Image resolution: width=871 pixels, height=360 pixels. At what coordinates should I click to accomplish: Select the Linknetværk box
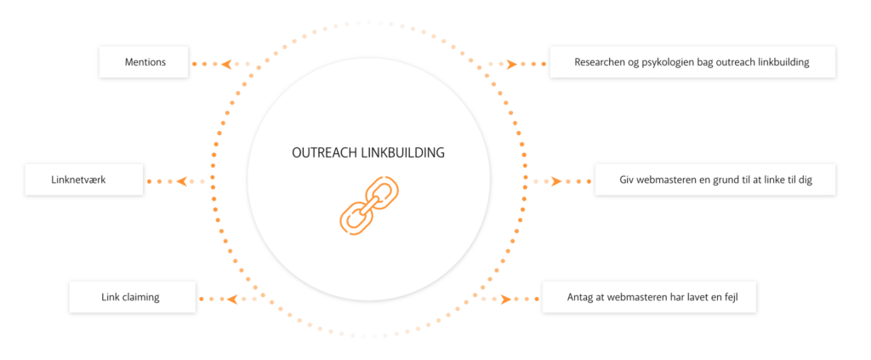[83, 180]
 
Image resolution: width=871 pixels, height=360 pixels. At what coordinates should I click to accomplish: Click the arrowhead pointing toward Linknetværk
[181, 181]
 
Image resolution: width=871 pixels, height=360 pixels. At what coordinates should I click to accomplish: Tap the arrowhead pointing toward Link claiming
[232, 299]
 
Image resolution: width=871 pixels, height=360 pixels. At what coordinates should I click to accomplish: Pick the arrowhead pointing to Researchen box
[512, 64]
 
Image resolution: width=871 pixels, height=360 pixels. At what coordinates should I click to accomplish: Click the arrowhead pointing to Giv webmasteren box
[555, 181]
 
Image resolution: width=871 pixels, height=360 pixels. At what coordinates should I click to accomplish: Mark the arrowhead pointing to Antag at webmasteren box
[505, 299]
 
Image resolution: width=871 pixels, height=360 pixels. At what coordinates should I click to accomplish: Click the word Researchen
[598, 63]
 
